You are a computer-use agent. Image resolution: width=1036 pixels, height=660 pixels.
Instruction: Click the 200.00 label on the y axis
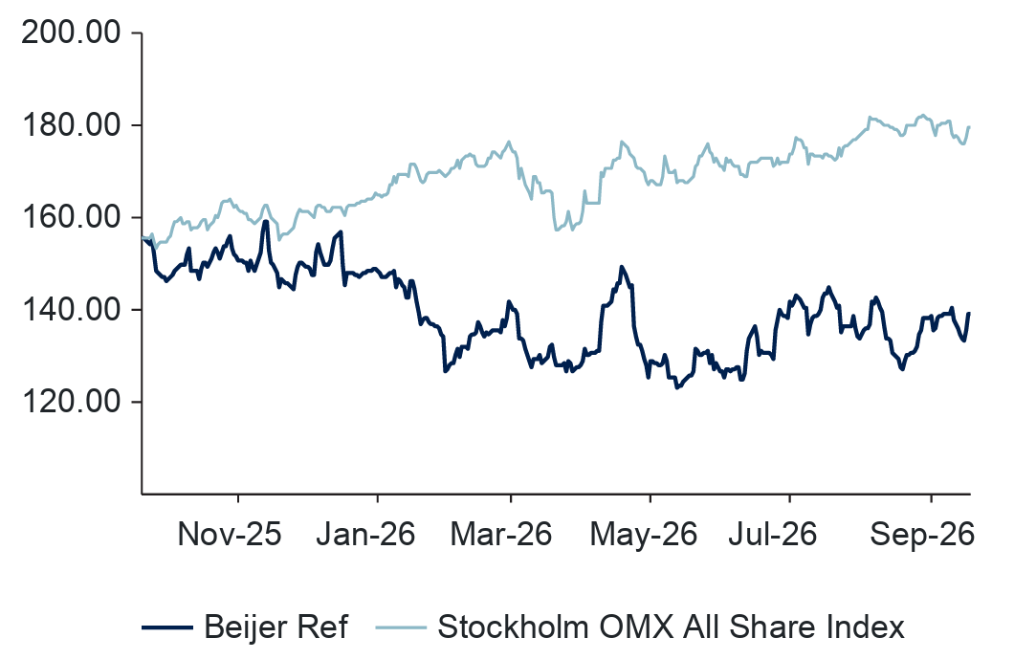(71, 33)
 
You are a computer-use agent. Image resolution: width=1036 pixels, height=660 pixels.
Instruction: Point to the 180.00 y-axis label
(71, 125)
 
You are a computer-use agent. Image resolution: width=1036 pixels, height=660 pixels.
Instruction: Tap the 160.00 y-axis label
(71, 217)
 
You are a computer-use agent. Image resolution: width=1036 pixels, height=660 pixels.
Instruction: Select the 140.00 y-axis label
(71, 309)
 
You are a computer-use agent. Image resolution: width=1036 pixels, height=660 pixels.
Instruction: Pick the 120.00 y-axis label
(71, 402)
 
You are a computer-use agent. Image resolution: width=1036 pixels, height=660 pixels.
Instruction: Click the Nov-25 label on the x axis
(230, 534)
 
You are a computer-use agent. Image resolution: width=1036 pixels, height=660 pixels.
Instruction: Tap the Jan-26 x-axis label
(365, 534)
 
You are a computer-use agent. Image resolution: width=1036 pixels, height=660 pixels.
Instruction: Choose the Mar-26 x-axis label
(501, 534)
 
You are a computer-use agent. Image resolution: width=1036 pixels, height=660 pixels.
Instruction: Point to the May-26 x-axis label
(643, 535)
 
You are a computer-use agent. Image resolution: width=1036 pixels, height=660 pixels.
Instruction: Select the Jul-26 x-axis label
(772, 534)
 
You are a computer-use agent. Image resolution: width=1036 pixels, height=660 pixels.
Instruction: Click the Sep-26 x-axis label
(922, 535)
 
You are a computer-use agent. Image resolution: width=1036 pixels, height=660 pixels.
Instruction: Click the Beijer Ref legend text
(276, 627)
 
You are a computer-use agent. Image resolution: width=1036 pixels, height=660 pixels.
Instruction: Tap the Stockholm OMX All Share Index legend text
(671, 627)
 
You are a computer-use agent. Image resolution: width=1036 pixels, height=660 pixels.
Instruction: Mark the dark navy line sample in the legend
(167, 627)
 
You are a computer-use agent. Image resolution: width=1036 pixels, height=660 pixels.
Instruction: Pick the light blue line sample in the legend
(401, 627)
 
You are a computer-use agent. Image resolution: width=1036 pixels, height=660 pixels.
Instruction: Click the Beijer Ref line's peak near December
(266, 221)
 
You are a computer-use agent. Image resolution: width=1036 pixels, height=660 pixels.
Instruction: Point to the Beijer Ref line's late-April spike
(621, 267)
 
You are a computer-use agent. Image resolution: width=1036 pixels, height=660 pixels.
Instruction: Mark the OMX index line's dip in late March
(557, 230)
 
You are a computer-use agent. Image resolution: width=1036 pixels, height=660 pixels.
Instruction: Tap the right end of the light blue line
(969, 127)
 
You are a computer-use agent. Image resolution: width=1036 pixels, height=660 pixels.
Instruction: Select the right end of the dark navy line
(969, 313)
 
